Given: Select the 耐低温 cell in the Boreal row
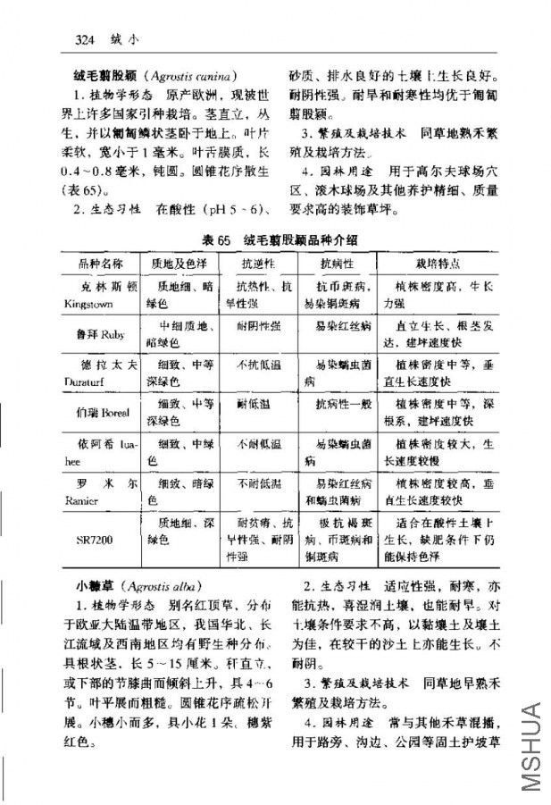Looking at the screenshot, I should click(x=253, y=404).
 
